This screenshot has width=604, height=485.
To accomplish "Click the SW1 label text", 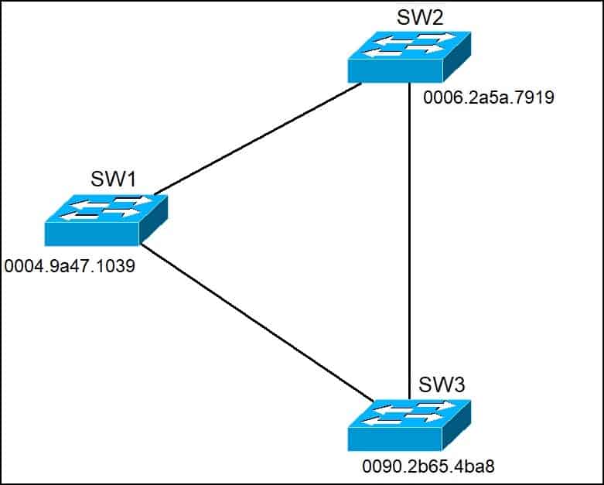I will click(114, 179).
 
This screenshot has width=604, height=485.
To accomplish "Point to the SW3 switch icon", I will click(409, 425).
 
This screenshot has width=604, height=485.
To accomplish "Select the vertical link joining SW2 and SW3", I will click(409, 240).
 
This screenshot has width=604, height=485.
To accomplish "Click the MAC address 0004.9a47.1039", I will click(70, 267).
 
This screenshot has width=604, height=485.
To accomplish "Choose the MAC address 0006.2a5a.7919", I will click(489, 98).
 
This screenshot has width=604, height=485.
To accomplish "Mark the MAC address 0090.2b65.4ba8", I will click(428, 467).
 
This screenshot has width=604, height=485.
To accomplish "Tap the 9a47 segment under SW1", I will click(70, 267).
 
